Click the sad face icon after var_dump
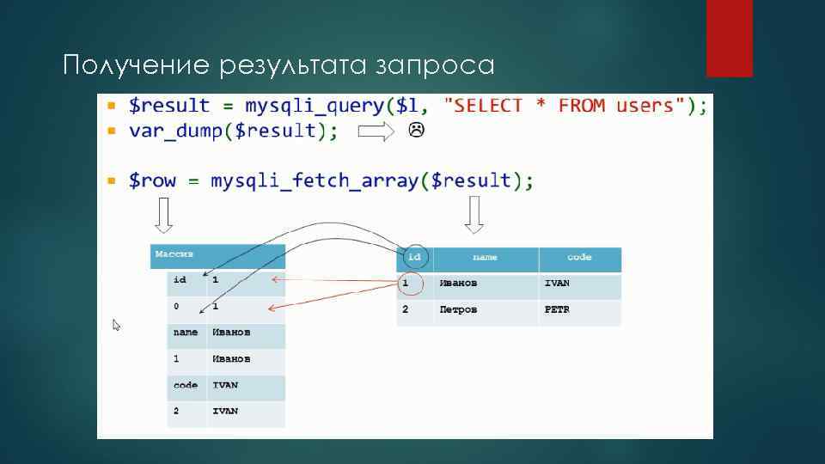(x=416, y=131)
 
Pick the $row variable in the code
(x=153, y=181)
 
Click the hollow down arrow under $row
(x=163, y=215)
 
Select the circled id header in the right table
(x=414, y=257)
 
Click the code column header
(x=579, y=258)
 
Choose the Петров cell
(x=457, y=309)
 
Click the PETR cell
(x=557, y=309)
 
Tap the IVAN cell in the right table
(x=557, y=284)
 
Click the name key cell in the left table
(x=186, y=333)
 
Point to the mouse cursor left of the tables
(x=116, y=325)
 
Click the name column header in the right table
(x=486, y=258)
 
